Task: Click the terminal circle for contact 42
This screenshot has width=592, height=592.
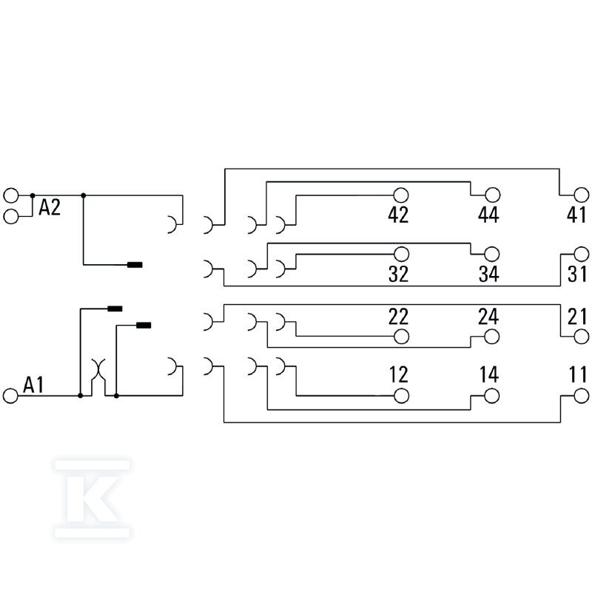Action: [x=400, y=195]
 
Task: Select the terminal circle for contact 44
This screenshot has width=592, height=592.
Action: [x=492, y=195]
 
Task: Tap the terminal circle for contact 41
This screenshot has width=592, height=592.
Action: [x=582, y=195]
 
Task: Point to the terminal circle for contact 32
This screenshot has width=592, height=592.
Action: [x=401, y=254]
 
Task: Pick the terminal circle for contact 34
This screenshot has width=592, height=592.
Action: [x=491, y=254]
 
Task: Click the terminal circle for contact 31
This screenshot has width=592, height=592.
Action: [x=582, y=254]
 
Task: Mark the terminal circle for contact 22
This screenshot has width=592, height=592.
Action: [x=401, y=337]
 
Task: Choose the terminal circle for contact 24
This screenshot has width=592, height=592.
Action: [x=491, y=337]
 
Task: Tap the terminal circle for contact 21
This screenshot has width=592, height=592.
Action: [x=582, y=337]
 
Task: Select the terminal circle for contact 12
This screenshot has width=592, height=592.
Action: [x=401, y=396]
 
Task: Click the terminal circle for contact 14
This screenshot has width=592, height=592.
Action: [x=491, y=396]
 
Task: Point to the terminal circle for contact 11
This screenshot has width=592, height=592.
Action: [x=582, y=396]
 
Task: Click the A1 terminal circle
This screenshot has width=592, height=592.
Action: [x=10, y=396]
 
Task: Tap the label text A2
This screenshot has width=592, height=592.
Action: [x=50, y=207]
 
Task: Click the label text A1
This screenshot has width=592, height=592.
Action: [x=33, y=385]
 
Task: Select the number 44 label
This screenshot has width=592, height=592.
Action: [x=488, y=215]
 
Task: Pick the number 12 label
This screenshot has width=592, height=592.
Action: [x=399, y=374]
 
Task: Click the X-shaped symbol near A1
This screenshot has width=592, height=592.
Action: [x=98, y=369]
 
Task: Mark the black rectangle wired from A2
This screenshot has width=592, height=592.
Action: [x=135, y=265]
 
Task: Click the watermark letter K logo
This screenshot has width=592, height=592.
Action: [x=92, y=498]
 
